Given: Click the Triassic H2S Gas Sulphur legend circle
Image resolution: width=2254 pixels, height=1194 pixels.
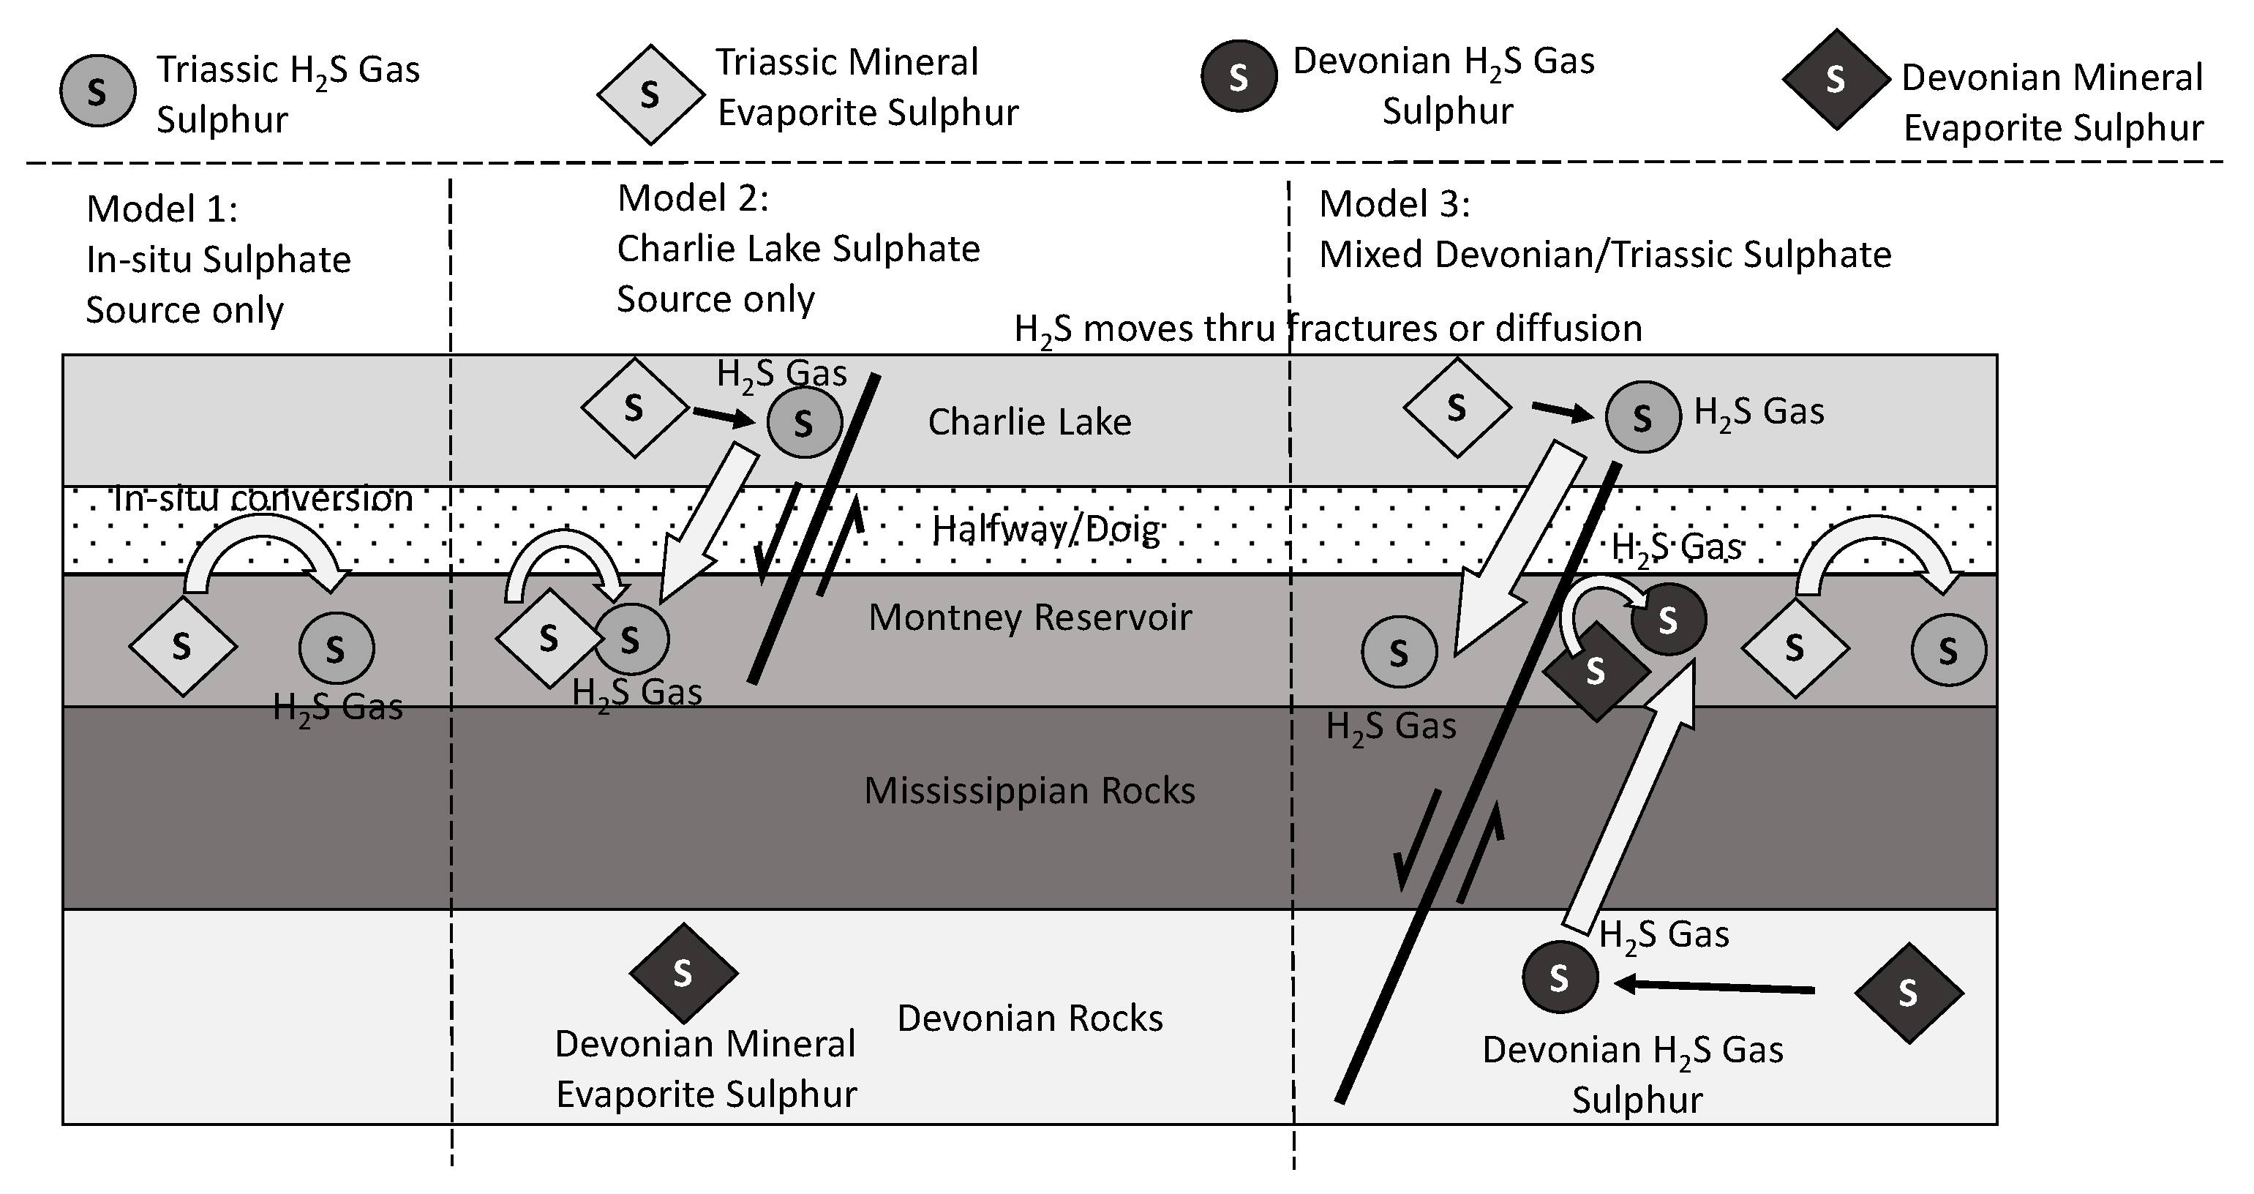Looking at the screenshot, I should click(x=97, y=91).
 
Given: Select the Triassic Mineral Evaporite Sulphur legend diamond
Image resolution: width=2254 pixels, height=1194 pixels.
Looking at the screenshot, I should click(x=650, y=94).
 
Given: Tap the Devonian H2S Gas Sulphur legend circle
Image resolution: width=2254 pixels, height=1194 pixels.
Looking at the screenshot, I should click(x=1238, y=77).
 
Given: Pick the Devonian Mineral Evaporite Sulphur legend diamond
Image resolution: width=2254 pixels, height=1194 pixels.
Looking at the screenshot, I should click(x=1836, y=80).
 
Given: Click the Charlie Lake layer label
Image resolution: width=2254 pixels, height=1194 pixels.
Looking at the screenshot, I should click(x=1029, y=422).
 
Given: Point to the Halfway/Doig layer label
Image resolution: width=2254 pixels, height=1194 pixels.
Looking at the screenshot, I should click(x=1045, y=529).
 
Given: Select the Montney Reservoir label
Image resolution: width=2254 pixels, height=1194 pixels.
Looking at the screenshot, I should click(x=1030, y=617).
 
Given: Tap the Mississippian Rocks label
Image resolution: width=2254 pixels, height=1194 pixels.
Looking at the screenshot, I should click(x=1030, y=791).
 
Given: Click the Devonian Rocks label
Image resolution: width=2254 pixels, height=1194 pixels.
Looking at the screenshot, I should click(x=1030, y=1018).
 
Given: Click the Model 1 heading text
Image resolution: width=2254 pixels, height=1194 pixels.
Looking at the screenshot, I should click(x=162, y=209).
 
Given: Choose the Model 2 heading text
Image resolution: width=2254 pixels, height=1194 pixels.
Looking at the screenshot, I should click(x=693, y=198).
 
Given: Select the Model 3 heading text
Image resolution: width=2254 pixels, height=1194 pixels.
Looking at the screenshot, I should click(x=1394, y=204).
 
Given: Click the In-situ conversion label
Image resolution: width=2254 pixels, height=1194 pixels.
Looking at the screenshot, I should click(x=263, y=498).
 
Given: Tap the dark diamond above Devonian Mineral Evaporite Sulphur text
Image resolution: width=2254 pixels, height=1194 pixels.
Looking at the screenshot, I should click(x=683, y=973).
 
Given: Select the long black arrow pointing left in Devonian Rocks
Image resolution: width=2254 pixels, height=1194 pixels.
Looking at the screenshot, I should click(x=1715, y=988).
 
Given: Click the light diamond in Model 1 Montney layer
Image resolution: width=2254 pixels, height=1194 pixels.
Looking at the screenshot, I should click(x=182, y=647).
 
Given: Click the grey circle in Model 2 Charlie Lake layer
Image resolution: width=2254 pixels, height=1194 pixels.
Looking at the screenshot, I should click(x=804, y=422).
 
